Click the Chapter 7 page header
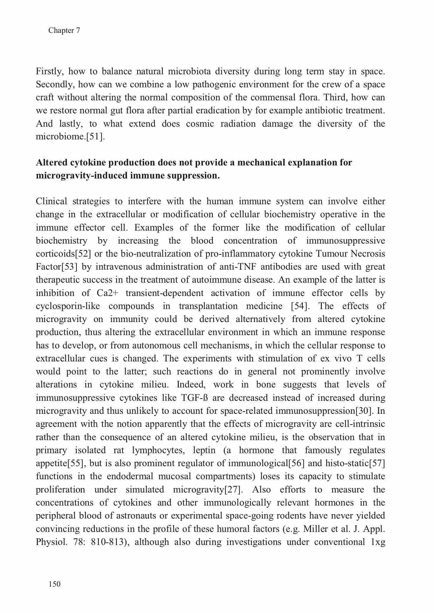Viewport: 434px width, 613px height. pos(64,30)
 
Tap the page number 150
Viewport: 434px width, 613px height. pos(55,584)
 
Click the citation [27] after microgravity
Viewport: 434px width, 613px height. pos(234,489)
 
